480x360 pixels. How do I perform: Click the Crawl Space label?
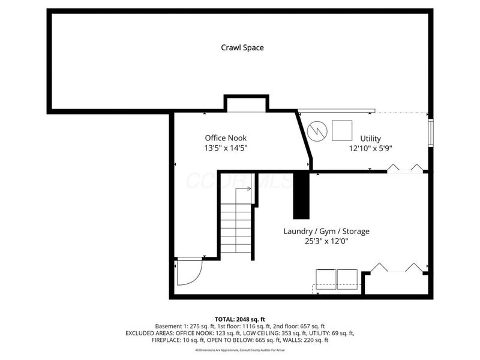click(x=242, y=47)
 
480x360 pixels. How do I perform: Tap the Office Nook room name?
click(x=226, y=137)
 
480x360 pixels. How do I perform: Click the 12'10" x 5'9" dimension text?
click(x=371, y=148)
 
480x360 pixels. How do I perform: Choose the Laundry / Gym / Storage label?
click(x=326, y=231)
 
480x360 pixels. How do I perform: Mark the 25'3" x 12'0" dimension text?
click(x=326, y=241)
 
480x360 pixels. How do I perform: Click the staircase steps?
click(x=236, y=228)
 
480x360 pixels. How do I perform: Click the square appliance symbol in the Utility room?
click(x=342, y=130)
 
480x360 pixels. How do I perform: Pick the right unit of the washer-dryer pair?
click(x=347, y=278)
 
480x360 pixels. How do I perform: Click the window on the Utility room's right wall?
click(x=430, y=133)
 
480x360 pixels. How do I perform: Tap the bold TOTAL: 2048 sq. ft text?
click(x=240, y=318)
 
